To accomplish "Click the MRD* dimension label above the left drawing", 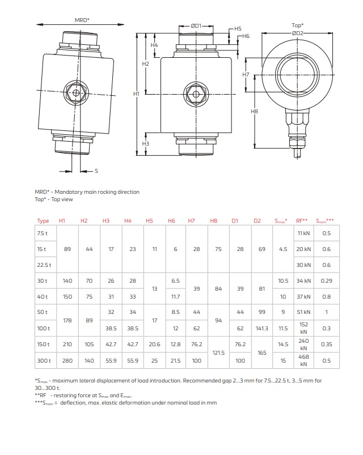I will pyautogui.click(x=82, y=20).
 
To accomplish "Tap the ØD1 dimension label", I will pyautogui.click(x=196, y=25).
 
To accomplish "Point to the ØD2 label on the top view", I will pyautogui.click(x=298, y=33).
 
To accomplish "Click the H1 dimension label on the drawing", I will pyautogui.click(x=136, y=93).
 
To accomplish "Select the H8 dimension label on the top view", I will pyautogui.click(x=254, y=112).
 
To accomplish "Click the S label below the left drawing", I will pyautogui.click(x=96, y=171).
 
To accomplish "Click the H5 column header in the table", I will pyautogui.click(x=150, y=220).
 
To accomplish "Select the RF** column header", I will pyautogui.click(x=302, y=220).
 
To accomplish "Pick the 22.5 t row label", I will pyautogui.click(x=44, y=265).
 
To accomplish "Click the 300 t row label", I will pyautogui.click(x=44, y=360).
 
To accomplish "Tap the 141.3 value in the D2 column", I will pyautogui.click(x=263, y=328).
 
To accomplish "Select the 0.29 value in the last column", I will pyautogui.click(x=326, y=280).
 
